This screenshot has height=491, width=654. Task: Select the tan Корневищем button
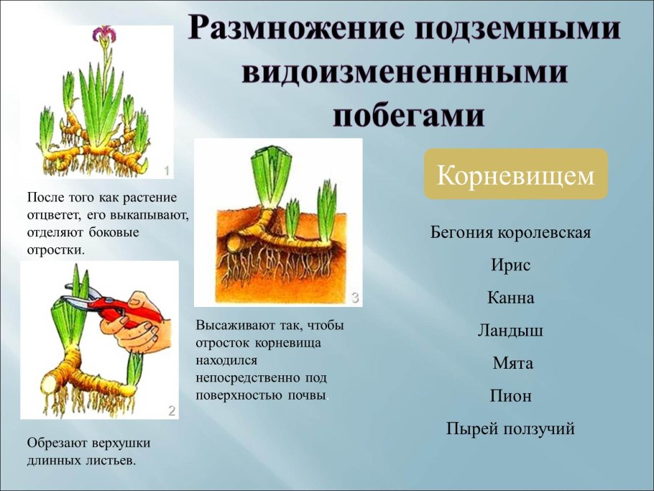coord(515,174)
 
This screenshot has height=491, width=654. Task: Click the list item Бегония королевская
coord(510,233)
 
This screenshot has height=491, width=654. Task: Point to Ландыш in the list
coord(510,331)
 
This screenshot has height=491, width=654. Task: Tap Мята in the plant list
coord(512,363)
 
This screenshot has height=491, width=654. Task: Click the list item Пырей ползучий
coord(510,429)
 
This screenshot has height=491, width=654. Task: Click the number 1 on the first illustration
coord(167,170)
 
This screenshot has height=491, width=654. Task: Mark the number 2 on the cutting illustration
coord(171,410)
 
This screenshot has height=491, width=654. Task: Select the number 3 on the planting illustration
coord(354,297)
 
